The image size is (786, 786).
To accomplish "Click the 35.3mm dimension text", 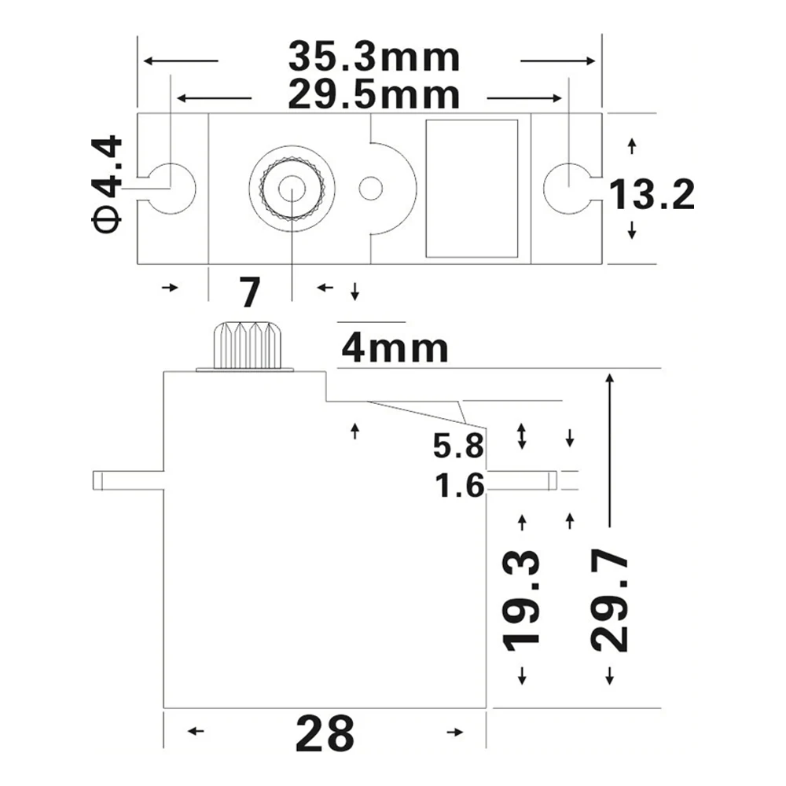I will [373, 57].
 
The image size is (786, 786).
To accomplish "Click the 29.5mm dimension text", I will [373, 95].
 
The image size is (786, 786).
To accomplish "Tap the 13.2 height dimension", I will [652, 194].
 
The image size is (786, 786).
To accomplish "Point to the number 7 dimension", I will [249, 292].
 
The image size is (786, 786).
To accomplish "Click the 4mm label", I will [395, 348].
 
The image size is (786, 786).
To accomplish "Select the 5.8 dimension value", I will [457, 447].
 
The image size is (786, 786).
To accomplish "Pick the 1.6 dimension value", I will [457, 487].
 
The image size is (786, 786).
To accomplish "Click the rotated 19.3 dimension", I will [521, 601].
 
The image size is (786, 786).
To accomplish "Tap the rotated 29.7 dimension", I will [609, 601].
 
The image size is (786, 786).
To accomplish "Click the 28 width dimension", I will [325, 734].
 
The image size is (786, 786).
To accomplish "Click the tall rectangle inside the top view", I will [472, 189].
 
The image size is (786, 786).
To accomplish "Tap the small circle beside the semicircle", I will [370, 188].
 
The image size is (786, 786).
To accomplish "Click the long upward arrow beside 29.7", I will [608, 448].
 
